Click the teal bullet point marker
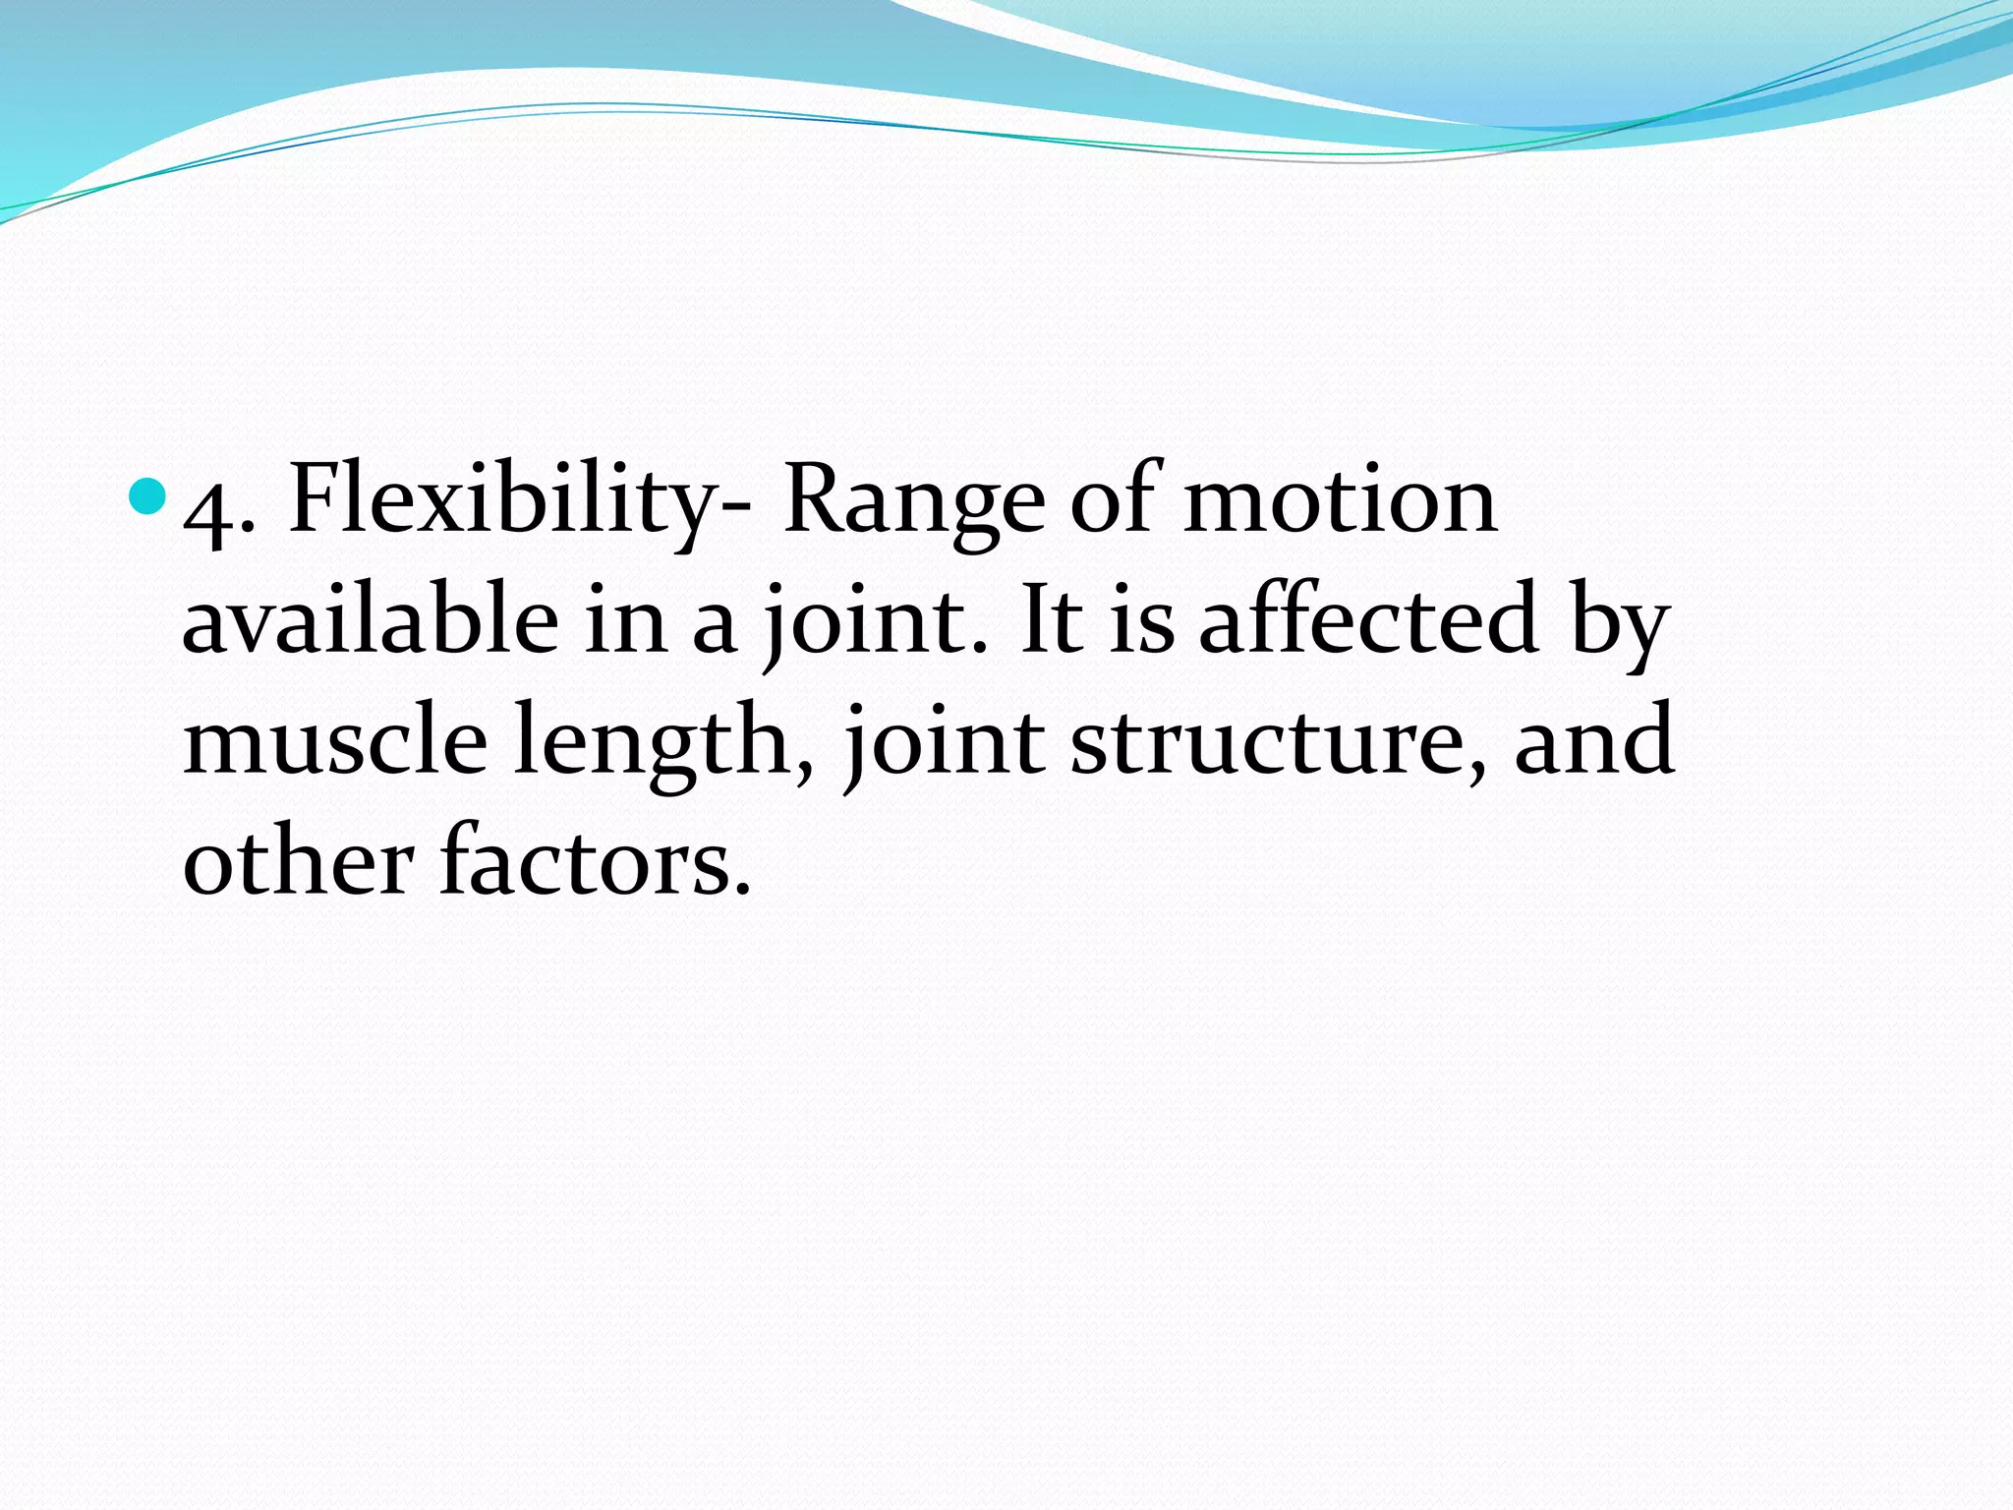coord(148,496)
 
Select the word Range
coord(913,503)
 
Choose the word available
coord(371,619)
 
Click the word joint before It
coord(865,621)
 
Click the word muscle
coord(334,739)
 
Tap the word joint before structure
coord(944,741)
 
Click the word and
coord(1593,739)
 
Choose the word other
coord(298,859)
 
